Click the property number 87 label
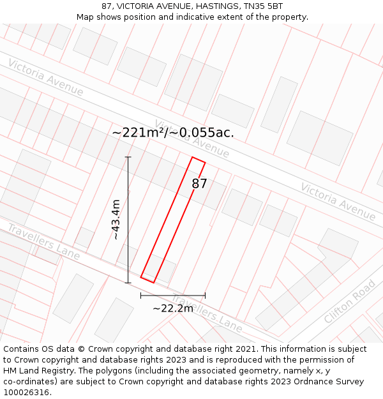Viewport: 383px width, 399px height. [200, 184]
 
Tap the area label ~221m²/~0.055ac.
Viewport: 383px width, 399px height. [173, 133]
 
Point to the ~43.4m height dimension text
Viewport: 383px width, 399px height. [116, 220]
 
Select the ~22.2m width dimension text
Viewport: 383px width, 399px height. [173, 308]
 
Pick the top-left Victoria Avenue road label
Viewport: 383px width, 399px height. [45, 77]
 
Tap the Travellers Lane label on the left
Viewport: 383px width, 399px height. [43, 242]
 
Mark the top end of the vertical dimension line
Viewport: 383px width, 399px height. [128, 157]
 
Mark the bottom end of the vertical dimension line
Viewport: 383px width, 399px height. [128, 282]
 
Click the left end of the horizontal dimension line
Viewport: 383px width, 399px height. [141, 296]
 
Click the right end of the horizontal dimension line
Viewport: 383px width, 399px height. [205, 296]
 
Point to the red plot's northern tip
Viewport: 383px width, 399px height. [193, 157]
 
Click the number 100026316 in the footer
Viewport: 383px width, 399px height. [26, 392]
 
